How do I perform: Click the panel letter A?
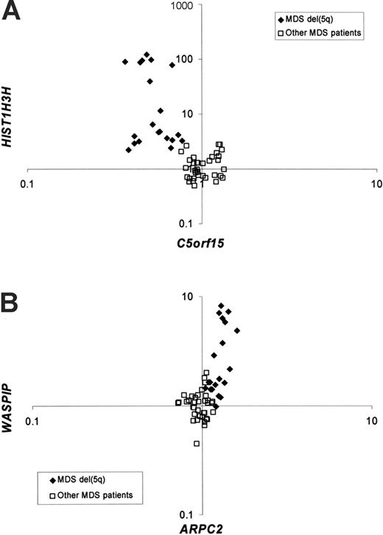tap(13, 15)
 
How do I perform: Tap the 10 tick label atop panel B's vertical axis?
tap(187, 297)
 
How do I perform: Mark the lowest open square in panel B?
tap(197, 443)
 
